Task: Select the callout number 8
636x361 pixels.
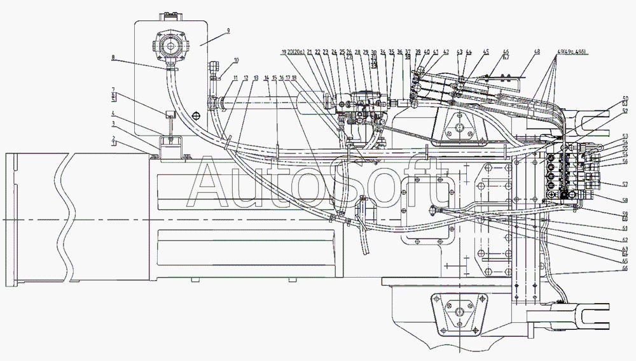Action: point(113,58)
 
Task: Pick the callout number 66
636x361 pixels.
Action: point(625,268)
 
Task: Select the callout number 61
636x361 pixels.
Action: point(625,228)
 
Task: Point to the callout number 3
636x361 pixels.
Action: point(113,124)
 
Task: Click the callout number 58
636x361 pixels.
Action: point(625,200)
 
